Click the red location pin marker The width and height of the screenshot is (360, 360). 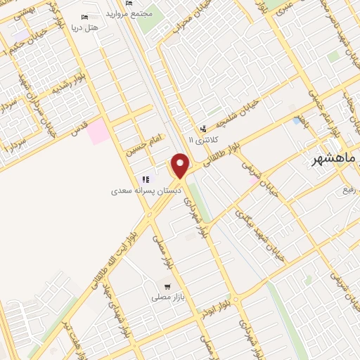pos(181,165)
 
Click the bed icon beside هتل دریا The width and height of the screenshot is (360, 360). pos(85,16)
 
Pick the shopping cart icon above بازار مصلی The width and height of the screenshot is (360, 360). pos(167,286)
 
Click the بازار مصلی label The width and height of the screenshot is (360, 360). pos(167,298)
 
